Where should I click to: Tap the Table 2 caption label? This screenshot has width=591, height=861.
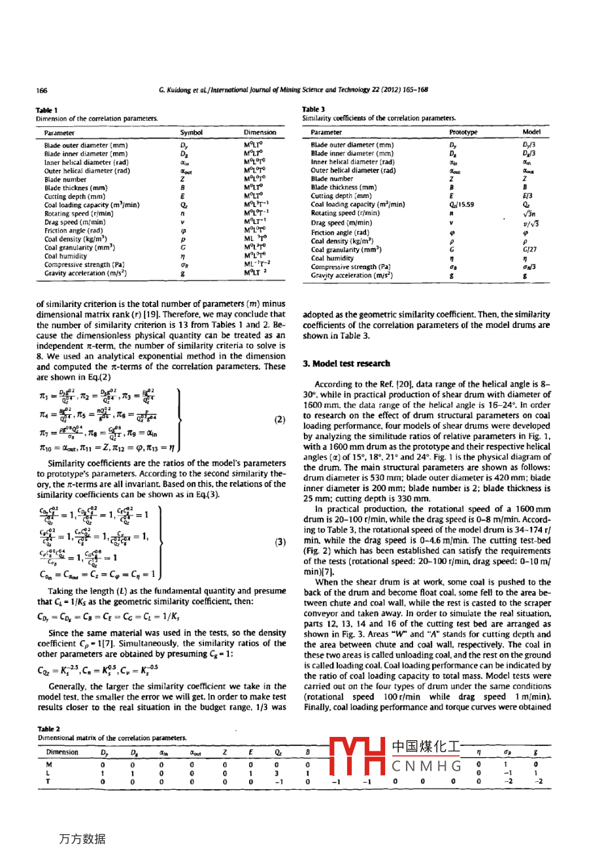click(47, 728)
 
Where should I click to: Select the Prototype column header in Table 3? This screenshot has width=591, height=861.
click(463, 132)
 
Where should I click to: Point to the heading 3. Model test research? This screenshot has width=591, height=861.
click(346, 363)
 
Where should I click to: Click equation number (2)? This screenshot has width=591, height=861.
click(279, 419)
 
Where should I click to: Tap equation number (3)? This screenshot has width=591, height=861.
click(279, 542)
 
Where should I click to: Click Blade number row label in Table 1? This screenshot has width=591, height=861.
click(65, 179)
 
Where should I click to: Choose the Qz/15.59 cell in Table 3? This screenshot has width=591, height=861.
click(461, 204)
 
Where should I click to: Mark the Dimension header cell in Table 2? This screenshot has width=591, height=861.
click(62, 752)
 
